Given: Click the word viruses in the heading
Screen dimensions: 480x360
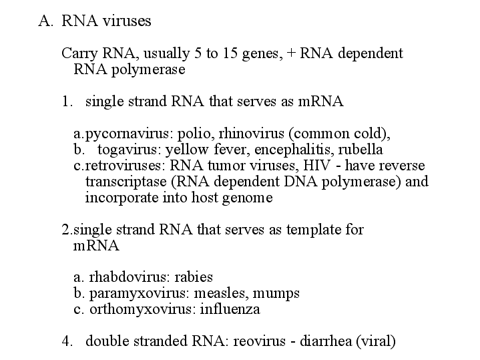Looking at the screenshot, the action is (127, 21).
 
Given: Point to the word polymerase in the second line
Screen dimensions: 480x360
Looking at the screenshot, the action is (148, 70).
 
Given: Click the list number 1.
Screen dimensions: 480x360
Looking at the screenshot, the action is (67, 101).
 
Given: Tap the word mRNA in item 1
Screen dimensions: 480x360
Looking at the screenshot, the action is (320, 101).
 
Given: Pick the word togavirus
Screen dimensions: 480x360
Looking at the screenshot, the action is (130, 150).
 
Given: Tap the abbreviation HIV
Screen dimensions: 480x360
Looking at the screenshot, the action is (317, 166).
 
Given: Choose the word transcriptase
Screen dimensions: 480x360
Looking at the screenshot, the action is (126, 182).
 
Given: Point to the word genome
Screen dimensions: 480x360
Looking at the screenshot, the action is (248, 198).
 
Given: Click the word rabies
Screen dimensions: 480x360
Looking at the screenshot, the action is (194, 277).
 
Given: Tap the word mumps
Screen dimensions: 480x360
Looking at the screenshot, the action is (276, 293).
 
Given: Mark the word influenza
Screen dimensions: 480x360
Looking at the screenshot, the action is (230, 309).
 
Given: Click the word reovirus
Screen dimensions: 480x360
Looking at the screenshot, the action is (259, 341).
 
